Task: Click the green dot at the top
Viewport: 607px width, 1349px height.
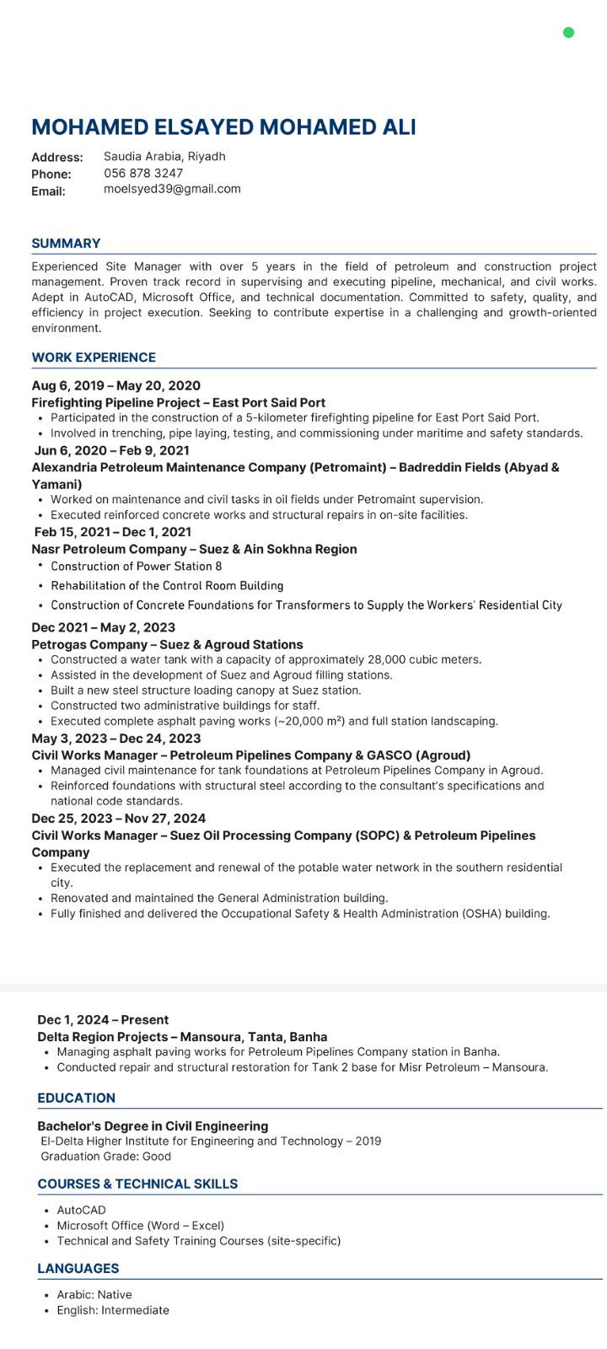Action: tap(568, 33)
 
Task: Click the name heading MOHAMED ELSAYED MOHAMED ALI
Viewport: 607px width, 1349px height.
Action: tap(223, 127)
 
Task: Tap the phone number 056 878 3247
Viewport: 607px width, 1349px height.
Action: tap(143, 173)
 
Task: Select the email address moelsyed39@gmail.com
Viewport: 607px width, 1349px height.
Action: tap(172, 189)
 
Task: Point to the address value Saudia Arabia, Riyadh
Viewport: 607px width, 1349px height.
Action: tap(164, 157)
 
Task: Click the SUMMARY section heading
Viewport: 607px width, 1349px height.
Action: tap(66, 244)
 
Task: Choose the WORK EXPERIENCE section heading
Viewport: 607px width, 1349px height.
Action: tap(94, 357)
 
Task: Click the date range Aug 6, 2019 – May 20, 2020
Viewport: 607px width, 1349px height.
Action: tap(115, 386)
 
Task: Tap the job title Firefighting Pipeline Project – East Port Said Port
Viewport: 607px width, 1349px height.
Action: tap(178, 403)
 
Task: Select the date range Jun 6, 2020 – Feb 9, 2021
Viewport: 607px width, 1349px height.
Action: tap(112, 450)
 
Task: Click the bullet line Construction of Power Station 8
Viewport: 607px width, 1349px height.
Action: tap(136, 567)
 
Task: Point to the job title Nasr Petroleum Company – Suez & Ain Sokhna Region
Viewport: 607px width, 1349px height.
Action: tap(194, 549)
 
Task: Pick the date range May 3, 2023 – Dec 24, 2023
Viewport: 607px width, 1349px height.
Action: tap(115, 739)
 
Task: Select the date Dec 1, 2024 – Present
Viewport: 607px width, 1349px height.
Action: tap(103, 1020)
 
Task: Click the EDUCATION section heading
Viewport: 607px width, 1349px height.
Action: tap(76, 1099)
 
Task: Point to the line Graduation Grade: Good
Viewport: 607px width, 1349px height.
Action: tap(105, 1157)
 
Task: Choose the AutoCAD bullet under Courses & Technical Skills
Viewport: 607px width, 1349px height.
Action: tap(81, 1211)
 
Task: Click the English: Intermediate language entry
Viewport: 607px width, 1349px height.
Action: tap(113, 1310)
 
